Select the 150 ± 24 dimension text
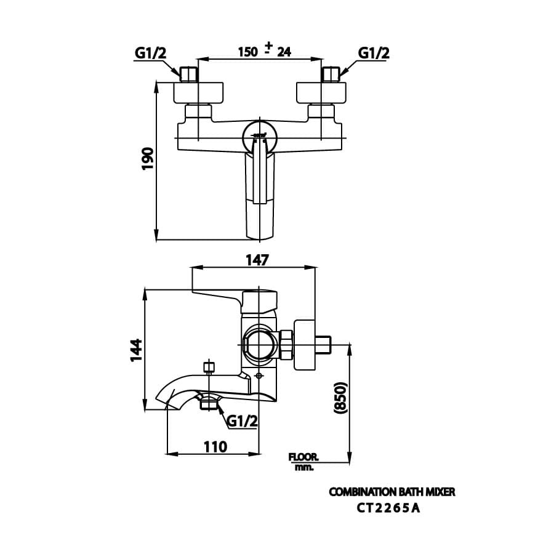click(264, 51)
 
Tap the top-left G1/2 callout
click(151, 53)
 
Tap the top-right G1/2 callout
click(374, 53)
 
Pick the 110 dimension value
click(215, 446)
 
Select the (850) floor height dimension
click(340, 401)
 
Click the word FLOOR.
click(303, 457)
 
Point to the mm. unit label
click(304, 467)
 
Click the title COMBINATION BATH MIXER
click(392, 492)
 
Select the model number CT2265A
click(389, 508)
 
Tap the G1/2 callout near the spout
click(242, 420)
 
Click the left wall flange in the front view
click(199, 93)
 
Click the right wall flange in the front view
click(322, 93)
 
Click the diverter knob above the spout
click(209, 367)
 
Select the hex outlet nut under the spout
click(209, 404)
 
